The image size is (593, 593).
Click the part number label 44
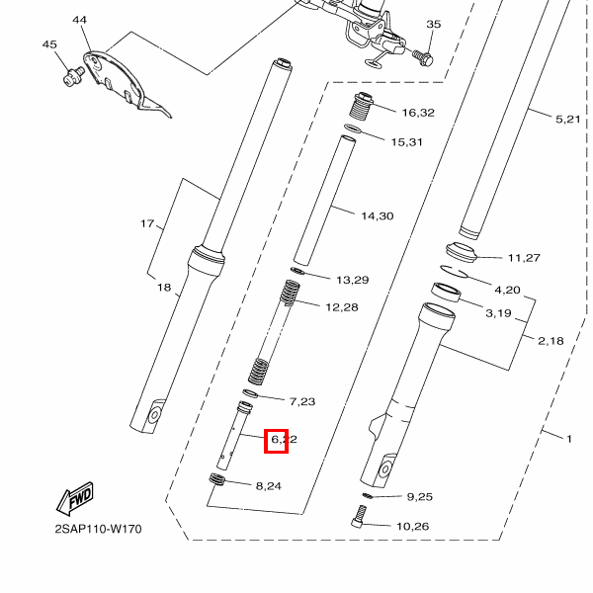[x=79, y=20]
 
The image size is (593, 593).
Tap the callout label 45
[x=50, y=44]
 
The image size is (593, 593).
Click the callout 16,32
[x=418, y=113]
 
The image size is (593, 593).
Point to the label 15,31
[x=406, y=142]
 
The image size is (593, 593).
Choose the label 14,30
[x=377, y=215]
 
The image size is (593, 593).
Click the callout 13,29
[x=352, y=280]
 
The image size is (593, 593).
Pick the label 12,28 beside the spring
[x=341, y=307]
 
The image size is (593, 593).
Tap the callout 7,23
[x=301, y=401]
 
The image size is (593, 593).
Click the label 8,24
[x=268, y=485]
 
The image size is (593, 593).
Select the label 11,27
[x=524, y=258]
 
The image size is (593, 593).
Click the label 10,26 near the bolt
[x=413, y=526]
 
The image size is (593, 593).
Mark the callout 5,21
[x=568, y=119]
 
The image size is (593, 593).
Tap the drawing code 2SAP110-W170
[x=98, y=529]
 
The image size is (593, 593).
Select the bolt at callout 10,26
[x=360, y=516]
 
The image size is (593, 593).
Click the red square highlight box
[x=276, y=439]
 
